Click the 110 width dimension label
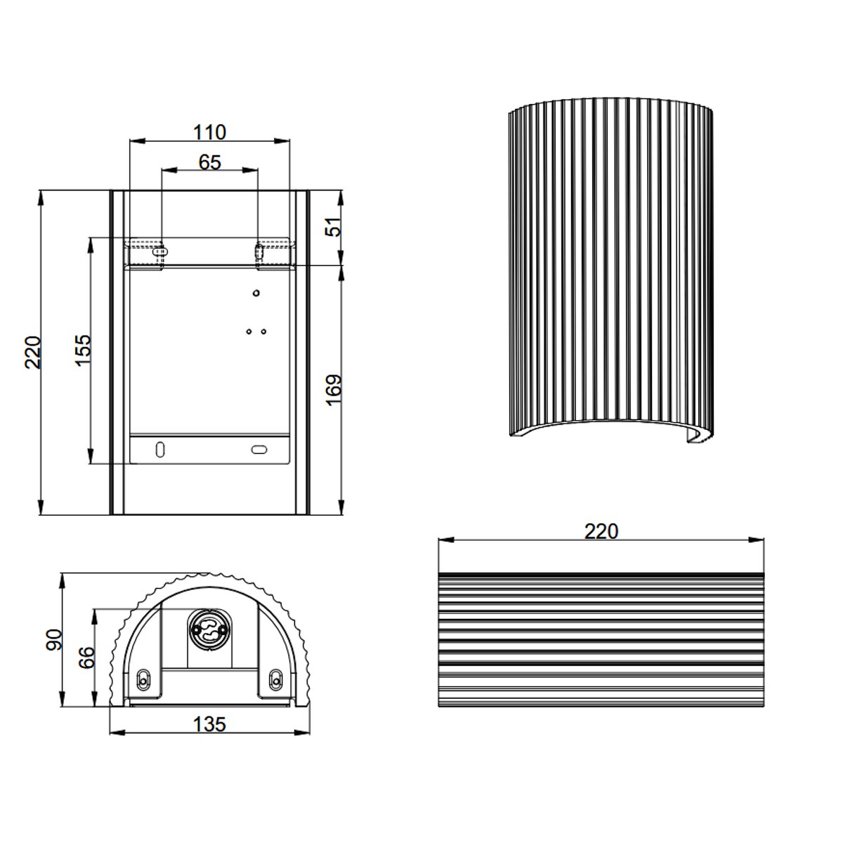point(209,132)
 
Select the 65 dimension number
point(209,162)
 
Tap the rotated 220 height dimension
point(32,353)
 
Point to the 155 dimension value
point(82,351)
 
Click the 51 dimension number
point(334,227)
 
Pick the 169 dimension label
point(334,390)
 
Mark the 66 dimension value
point(86,657)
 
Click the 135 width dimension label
point(209,724)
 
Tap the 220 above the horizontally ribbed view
point(601,532)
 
